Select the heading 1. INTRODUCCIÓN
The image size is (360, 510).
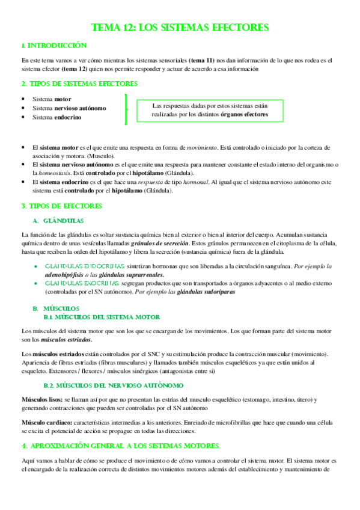[x=54, y=46]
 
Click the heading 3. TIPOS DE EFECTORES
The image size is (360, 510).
[x=61, y=206]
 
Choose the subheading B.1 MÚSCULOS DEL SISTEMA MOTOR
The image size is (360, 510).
[x=102, y=316]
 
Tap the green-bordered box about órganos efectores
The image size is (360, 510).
[x=210, y=109]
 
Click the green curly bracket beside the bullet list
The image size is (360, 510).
[x=126, y=108]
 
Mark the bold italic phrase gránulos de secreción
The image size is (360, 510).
[x=159, y=243]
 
